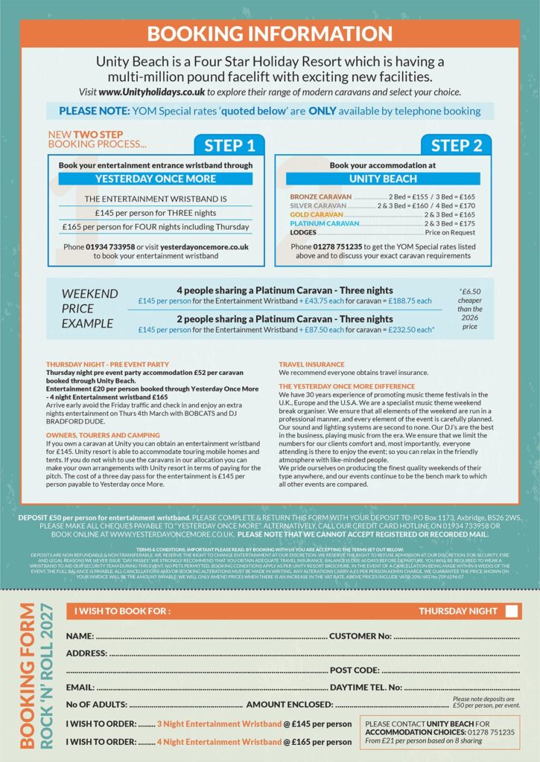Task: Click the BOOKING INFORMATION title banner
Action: (270, 33)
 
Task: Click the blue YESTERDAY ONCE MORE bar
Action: (155, 179)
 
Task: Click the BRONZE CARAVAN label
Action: (321, 196)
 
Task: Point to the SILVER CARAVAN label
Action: (318, 205)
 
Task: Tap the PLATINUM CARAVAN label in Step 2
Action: (324, 223)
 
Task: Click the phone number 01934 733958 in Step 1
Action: (112, 246)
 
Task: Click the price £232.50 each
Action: (412, 329)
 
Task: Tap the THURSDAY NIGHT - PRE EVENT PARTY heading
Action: (108, 364)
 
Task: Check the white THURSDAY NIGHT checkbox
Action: (512, 611)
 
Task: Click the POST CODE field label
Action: (355, 670)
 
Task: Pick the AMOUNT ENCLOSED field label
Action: (289, 704)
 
